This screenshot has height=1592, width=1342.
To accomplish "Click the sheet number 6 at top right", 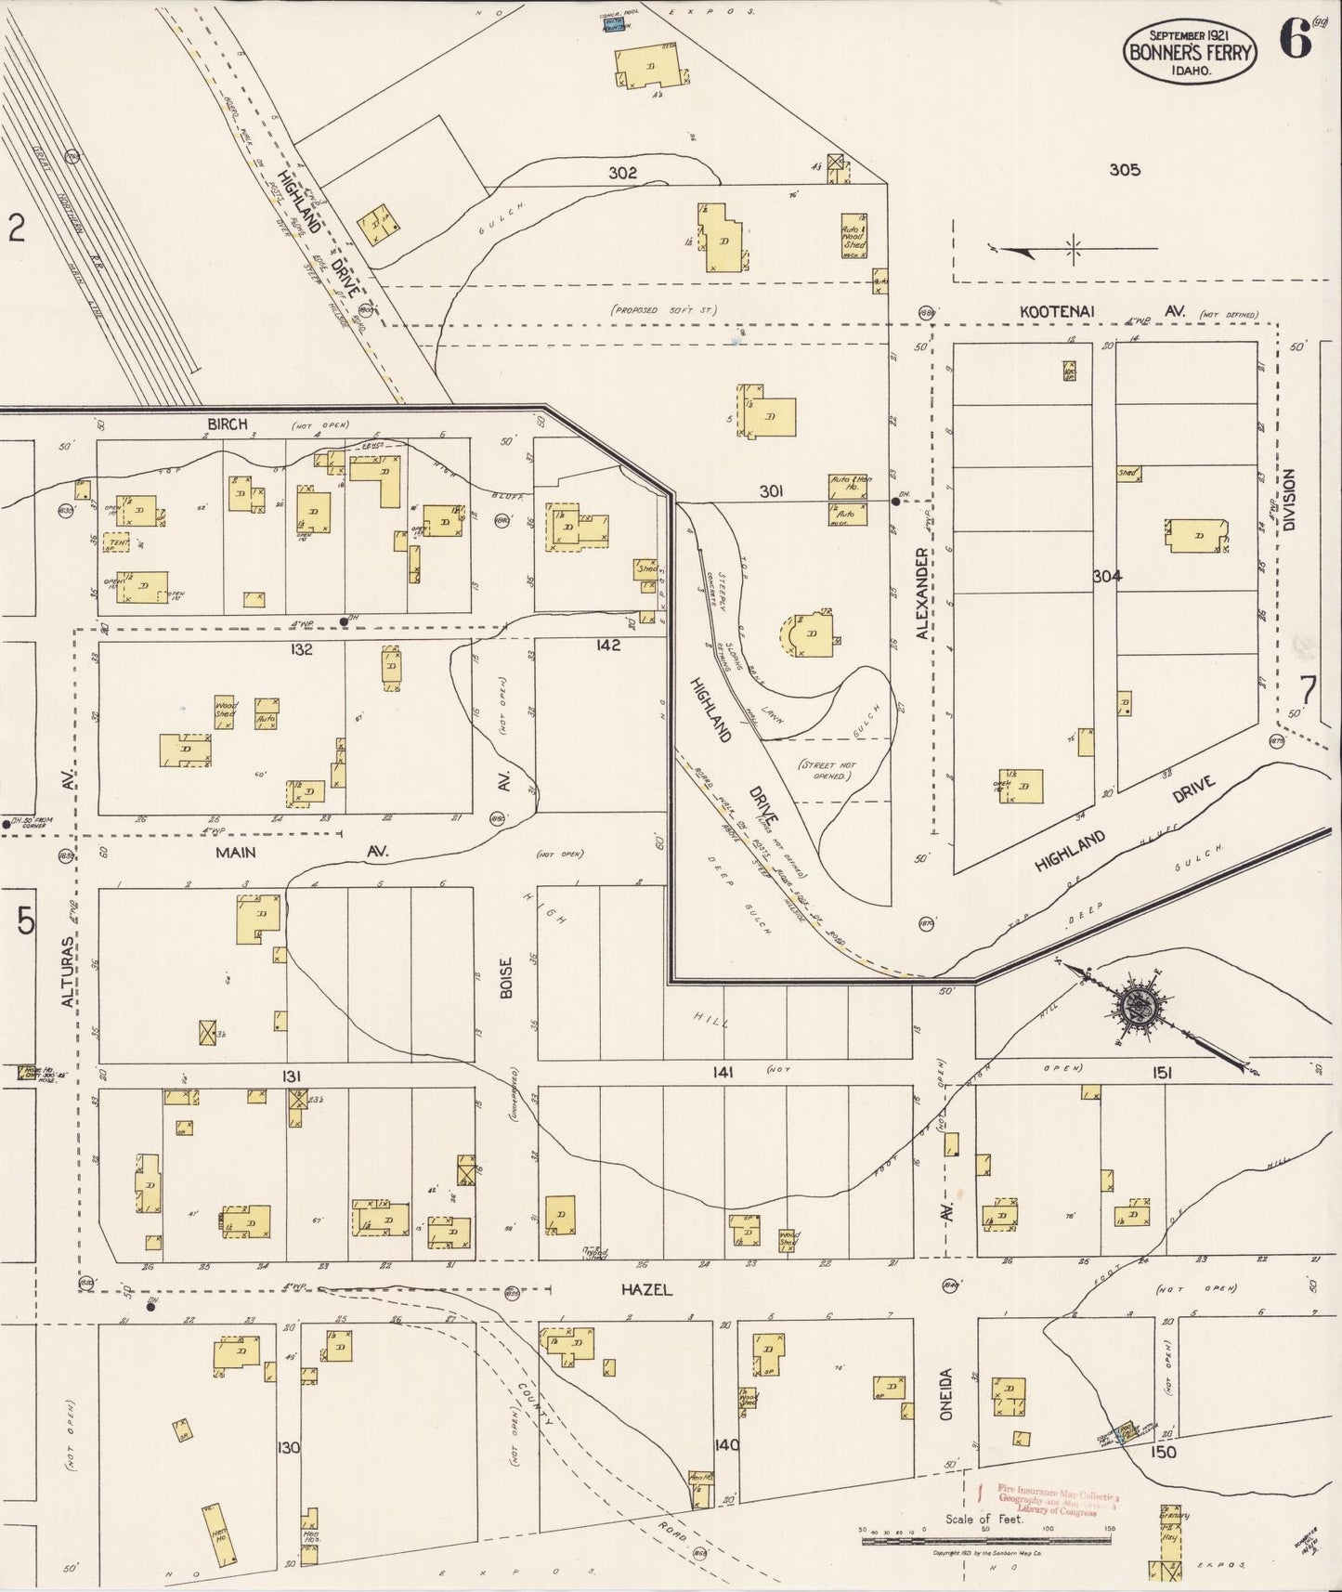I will [1294, 39].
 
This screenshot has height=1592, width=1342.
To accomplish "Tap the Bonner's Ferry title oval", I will [1190, 53].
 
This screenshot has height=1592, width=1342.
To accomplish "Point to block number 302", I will [622, 173].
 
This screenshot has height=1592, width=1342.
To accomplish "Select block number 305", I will [1124, 170].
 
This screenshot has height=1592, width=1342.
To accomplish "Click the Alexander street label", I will [921, 593].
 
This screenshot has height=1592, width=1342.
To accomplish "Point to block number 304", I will [1107, 576].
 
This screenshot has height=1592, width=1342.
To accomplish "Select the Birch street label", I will [228, 424].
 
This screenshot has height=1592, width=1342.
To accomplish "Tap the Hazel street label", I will [646, 1289].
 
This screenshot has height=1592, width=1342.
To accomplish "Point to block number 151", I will [1162, 1073].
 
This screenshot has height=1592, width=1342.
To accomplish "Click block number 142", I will [608, 645].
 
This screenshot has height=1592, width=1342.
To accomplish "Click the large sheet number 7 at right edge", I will [1308, 691].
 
